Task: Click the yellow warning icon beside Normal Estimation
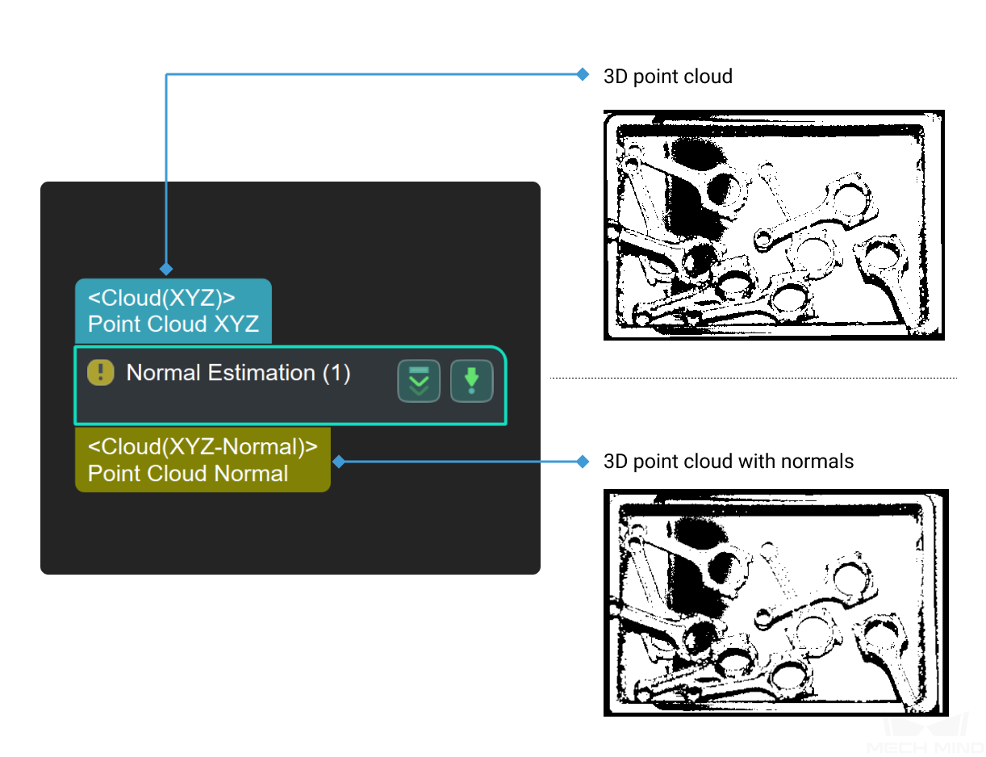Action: (x=100, y=372)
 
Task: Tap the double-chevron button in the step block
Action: (x=419, y=381)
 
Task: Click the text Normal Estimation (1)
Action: (x=238, y=373)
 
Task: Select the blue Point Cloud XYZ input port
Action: (x=173, y=312)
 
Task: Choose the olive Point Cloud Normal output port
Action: (x=203, y=460)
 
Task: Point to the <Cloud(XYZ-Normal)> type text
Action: (x=203, y=447)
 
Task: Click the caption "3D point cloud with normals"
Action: (x=729, y=462)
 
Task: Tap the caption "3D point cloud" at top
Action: (x=668, y=77)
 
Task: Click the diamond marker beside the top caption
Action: (x=583, y=74)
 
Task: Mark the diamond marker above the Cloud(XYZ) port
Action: (x=166, y=268)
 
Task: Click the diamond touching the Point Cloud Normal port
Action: (x=339, y=462)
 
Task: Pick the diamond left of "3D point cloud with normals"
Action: (x=583, y=462)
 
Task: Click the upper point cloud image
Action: (x=774, y=225)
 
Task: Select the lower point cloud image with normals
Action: (x=775, y=603)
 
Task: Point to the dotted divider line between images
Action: (x=753, y=377)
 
